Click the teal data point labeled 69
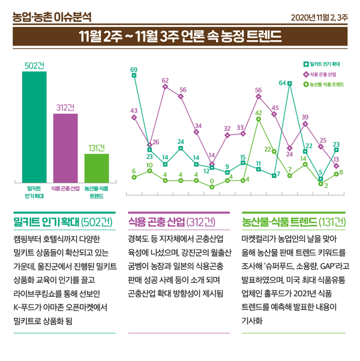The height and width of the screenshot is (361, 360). click(x=134, y=76)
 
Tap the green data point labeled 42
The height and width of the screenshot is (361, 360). click(x=259, y=119)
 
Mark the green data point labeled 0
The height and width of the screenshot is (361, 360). click(x=212, y=187)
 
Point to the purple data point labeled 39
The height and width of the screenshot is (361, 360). click(x=305, y=124)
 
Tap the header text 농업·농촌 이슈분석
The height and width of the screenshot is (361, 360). click(x=52, y=13)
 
